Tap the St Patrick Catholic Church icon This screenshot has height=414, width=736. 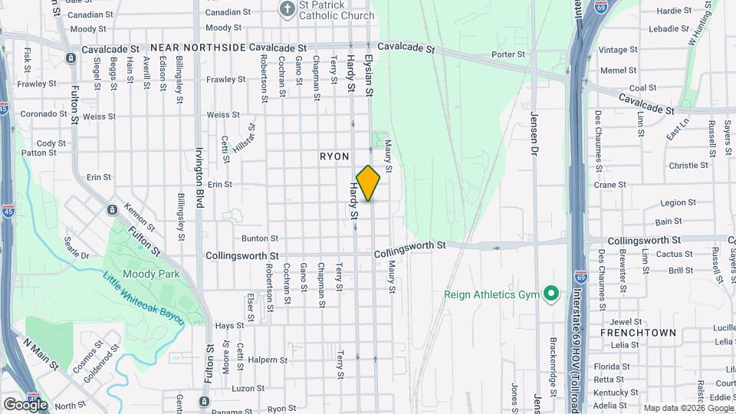coord(287,10)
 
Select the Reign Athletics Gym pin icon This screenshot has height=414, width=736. coord(550,294)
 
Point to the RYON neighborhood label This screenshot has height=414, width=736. coord(334,156)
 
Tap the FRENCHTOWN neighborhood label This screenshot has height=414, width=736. coord(638,333)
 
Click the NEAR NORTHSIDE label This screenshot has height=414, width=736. coord(197,48)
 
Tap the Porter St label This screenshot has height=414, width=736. coord(508,55)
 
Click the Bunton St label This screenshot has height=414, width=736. coord(259,239)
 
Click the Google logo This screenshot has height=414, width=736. coord(25,404)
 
